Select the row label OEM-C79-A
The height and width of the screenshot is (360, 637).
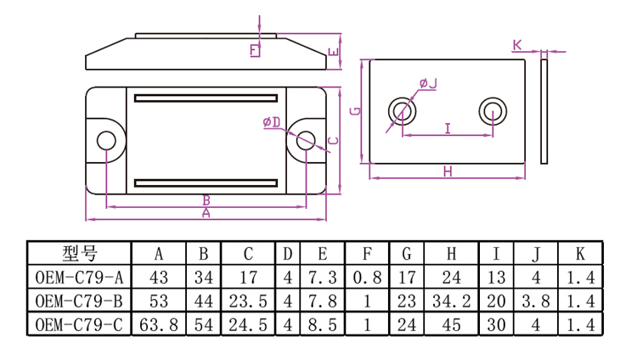point(79,277)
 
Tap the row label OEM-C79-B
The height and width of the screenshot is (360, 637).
point(79,301)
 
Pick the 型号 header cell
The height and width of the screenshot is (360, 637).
point(79,253)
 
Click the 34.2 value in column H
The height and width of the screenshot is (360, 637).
point(451,301)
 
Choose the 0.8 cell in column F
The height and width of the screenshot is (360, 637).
point(366,277)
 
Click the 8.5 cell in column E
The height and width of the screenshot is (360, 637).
point(324,323)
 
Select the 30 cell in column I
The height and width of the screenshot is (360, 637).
point(496,323)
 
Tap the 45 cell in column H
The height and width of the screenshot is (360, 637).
point(451,323)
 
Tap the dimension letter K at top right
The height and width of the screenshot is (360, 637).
point(517,43)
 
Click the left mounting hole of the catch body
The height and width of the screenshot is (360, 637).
point(106,142)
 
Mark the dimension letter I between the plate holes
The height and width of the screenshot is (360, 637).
point(447,127)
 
